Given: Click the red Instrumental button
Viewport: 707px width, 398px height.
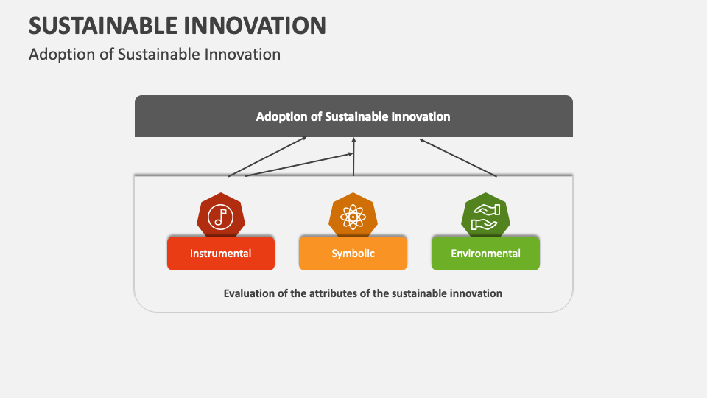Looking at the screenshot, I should point(221,254).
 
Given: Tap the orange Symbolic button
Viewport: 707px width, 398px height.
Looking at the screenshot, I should point(353,254).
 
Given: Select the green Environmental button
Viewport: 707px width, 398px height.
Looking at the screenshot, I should point(485,254).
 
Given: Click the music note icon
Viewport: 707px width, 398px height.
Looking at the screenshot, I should point(220,216).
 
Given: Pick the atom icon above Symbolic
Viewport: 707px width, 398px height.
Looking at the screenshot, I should point(353,216).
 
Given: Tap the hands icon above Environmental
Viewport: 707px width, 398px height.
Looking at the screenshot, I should point(485,214).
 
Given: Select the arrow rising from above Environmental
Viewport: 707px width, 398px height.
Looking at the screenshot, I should point(458,158).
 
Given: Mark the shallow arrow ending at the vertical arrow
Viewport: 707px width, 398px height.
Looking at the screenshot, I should point(298,165).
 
